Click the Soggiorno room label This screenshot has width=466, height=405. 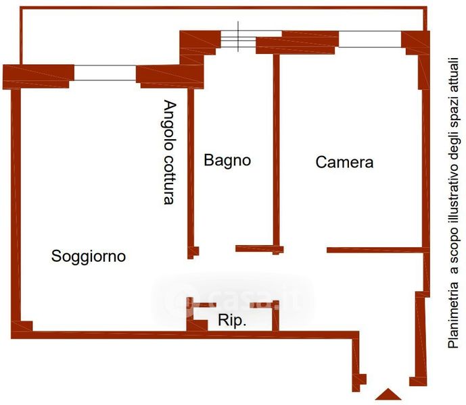(x=89, y=256)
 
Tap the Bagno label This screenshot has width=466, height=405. (x=227, y=161)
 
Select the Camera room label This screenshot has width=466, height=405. (x=344, y=163)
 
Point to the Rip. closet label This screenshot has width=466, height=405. (x=232, y=321)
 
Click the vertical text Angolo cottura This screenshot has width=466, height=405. (x=169, y=153)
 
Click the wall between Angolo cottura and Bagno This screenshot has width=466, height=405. (x=190, y=169)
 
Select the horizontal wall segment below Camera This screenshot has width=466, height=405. (x=375, y=250)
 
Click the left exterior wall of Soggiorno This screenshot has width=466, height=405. (x=16, y=202)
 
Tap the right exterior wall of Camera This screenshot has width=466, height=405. (x=425, y=169)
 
